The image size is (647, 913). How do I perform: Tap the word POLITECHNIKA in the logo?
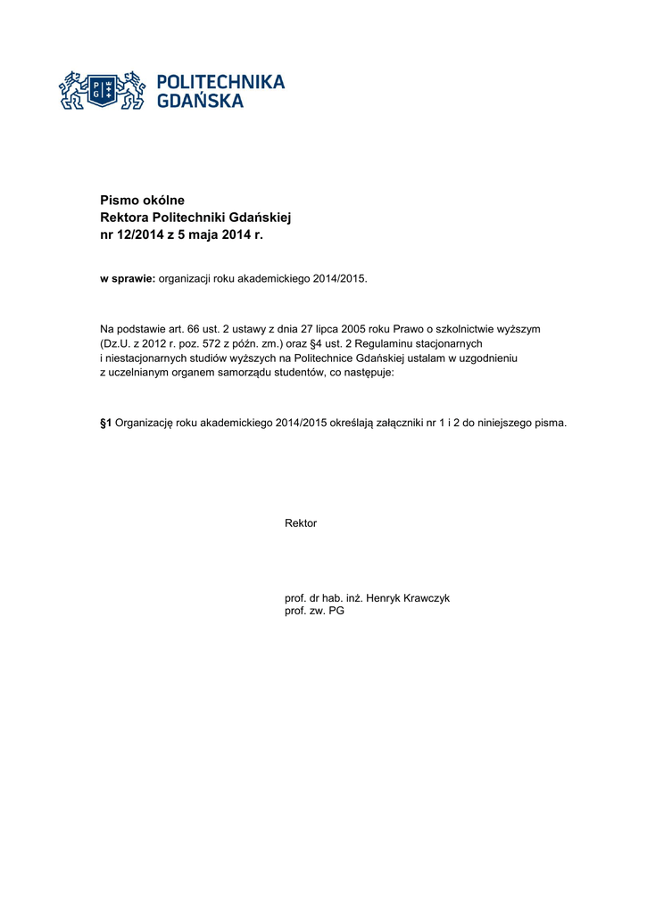point(220,82)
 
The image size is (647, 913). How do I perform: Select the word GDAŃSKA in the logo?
point(200,102)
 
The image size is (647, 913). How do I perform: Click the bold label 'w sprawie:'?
point(128,278)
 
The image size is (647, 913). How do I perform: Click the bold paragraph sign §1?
point(105,423)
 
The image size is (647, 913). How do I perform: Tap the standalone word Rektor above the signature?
point(301,523)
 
